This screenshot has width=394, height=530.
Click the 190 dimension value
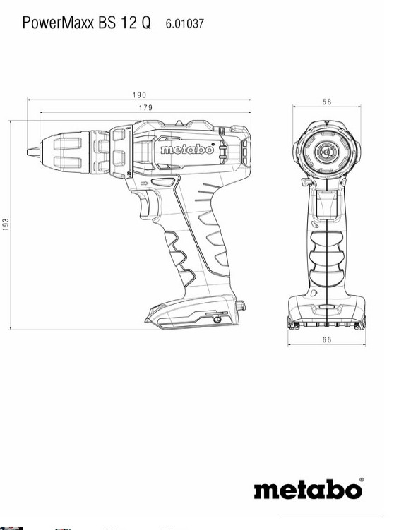click(x=139, y=95)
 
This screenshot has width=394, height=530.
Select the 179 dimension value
click(x=145, y=107)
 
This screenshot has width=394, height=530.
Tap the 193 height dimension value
click(x=6, y=224)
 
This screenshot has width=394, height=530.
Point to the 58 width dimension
click(x=327, y=102)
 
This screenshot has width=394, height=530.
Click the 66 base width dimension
click(x=327, y=340)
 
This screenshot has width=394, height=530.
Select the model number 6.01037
click(x=185, y=23)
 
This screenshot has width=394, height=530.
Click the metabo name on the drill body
click(x=183, y=150)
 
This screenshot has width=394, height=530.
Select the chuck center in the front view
click(x=327, y=150)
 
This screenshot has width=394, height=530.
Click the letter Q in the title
click(x=145, y=23)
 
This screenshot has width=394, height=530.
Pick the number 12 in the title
click(x=126, y=23)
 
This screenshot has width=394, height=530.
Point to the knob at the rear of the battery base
click(x=241, y=307)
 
